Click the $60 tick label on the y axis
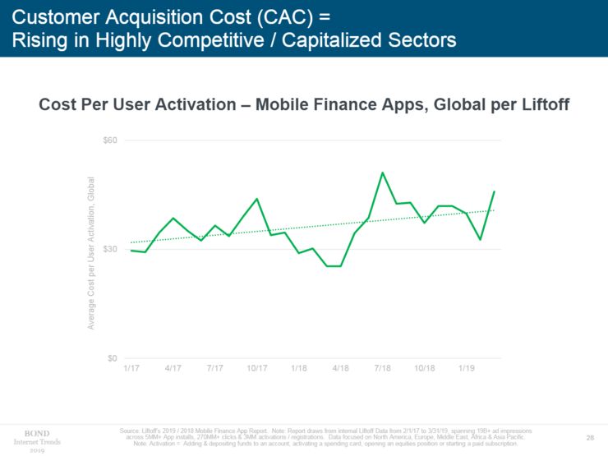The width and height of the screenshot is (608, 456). (x=110, y=140)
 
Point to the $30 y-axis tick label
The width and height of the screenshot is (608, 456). (x=110, y=249)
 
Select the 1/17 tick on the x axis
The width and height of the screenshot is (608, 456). (x=131, y=368)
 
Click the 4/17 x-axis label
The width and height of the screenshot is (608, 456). (x=173, y=368)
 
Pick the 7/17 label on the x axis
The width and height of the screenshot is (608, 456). (x=214, y=368)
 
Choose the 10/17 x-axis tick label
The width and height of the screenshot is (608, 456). (x=257, y=368)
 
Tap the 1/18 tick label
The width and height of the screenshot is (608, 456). (x=299, y=368)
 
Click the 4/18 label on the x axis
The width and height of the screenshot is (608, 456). (x=341, y=368)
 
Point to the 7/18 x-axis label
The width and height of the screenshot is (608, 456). (x=382, y=368)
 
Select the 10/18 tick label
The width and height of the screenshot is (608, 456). (x=425, y=368)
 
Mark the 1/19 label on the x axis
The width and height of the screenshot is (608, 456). (x=466, y=368)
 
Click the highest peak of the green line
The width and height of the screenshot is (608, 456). (x=382, y=173)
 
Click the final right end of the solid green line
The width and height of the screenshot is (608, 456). (x=494, y=191)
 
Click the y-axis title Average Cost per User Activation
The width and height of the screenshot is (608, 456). (x=92, y=253)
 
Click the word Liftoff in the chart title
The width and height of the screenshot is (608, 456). (x=543, y=105)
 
